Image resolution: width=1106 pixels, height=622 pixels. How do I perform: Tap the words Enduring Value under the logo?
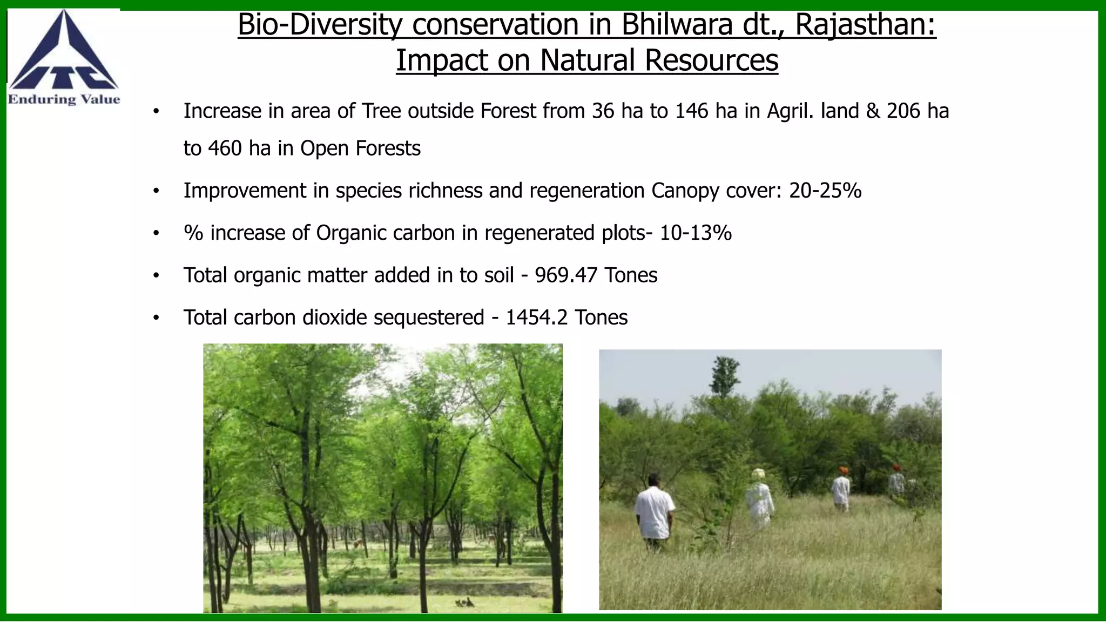click(x=64, y=99)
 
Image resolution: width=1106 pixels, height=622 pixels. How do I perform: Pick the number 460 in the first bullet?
click(x=225, y=148)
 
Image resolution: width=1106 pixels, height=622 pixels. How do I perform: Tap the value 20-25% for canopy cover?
click(x=825, y=191)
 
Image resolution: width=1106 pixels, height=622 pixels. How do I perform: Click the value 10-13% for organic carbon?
click(x=696, y=233)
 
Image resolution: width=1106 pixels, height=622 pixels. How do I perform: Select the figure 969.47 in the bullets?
click(x=566, y=275)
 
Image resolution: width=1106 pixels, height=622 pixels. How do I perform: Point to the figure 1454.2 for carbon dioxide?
click(x=536, y=317)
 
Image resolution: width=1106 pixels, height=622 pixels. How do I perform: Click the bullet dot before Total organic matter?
click(x=156, y=276)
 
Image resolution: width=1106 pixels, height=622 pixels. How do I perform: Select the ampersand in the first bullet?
click(x=873, y=111)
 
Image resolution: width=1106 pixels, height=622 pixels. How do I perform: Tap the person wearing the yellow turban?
click(x=759, y=498)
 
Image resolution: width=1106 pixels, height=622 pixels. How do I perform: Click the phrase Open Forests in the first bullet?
click(x=360, y=148)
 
